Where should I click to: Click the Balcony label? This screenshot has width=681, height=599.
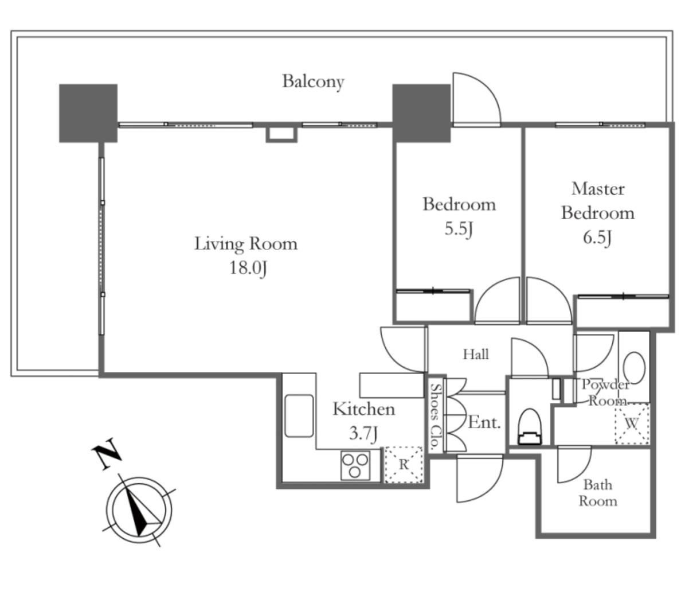(x=313, y=81)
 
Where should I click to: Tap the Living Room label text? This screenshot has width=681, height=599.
(x=246, y=243)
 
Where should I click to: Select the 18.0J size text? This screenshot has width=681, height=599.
(x=248, y=267)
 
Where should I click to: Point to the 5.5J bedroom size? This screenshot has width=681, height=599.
(x=458, y=229)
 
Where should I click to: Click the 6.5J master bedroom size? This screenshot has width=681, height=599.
(x=597, y=238)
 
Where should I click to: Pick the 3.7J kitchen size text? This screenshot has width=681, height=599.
(x=363, y=433)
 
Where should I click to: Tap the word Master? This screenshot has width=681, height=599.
(x=598, y=189)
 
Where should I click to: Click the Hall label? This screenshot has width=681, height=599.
(x=476, y=354)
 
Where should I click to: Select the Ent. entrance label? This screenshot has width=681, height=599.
(x=484, y=422)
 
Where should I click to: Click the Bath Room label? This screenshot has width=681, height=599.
(x=598, y=492)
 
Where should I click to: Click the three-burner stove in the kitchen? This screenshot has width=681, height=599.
(x=355, y=465)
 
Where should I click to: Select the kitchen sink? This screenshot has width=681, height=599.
(x=299, y=415)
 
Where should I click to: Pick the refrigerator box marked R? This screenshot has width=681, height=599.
(x=404, y=464)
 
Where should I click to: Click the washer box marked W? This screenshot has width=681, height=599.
(x=632, y=423)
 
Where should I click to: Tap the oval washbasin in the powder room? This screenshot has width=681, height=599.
(x=634, y=368)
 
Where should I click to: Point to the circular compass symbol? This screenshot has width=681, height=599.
(x=139, y=510)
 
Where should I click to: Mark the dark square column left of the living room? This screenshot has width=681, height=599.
(x=88, y=113)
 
